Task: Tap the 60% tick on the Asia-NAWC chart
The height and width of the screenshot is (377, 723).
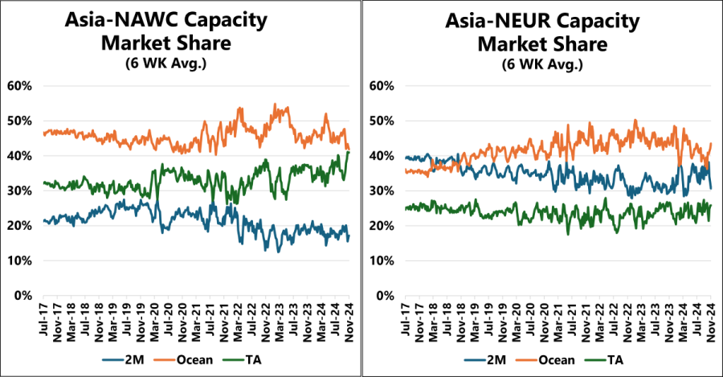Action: coord(19,85)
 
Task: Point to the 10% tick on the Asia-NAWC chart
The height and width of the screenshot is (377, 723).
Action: coord(19,260)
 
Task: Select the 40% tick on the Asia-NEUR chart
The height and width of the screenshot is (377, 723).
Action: coord(381,155)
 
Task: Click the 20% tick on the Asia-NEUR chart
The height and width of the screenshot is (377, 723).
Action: coord(381,226)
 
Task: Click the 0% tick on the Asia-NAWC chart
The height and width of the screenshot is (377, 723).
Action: coord(22,296)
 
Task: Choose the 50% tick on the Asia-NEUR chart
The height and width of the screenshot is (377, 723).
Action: coord(381,121)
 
